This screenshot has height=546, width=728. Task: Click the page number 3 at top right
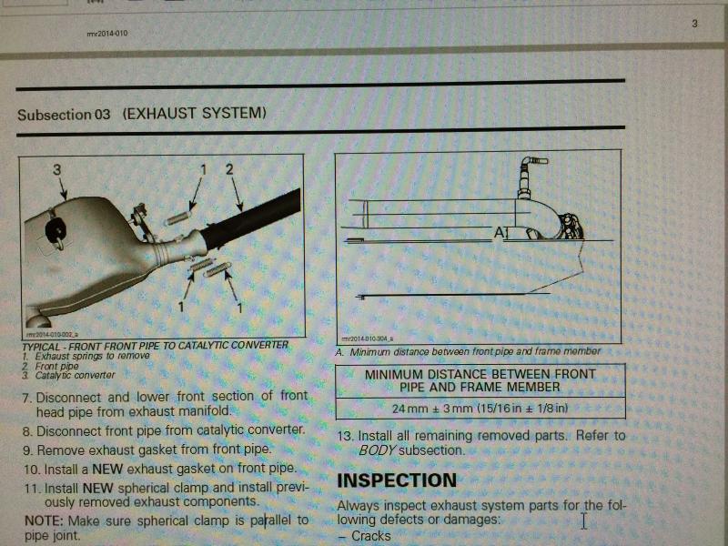tap(694, 24)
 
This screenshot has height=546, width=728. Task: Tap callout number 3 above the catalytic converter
tap(56, 170)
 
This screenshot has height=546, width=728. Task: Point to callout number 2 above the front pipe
tap(229, 169)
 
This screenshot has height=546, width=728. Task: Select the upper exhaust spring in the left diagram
tap(178, 217)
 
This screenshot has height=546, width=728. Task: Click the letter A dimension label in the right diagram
tap(499, 232)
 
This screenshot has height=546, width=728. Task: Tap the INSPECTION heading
tap(397, 480)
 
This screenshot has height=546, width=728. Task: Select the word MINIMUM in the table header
tap(394, 374)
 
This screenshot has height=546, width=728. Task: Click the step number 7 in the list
tap(27, 399)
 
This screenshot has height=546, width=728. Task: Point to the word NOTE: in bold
tap(44, 521)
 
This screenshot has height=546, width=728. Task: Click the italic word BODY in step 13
tap(377, 450)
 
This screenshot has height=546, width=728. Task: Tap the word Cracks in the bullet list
tap(371, 536)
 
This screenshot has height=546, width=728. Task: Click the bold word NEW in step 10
tap(107, 469)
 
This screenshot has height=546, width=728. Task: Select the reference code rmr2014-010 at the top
tap(107, 34)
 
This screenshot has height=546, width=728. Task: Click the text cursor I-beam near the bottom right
tap(583, 521)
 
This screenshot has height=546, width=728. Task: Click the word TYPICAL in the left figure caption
tap(41, 347)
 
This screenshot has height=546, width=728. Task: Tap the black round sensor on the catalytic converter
tap(56, 231)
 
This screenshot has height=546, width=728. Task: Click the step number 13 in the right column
tap(346, 437)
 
